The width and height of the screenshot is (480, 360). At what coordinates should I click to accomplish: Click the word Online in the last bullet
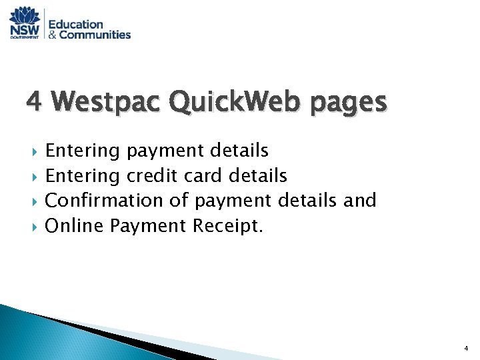pos(73,225)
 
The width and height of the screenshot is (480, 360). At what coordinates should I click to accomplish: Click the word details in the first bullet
pos(241,151)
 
